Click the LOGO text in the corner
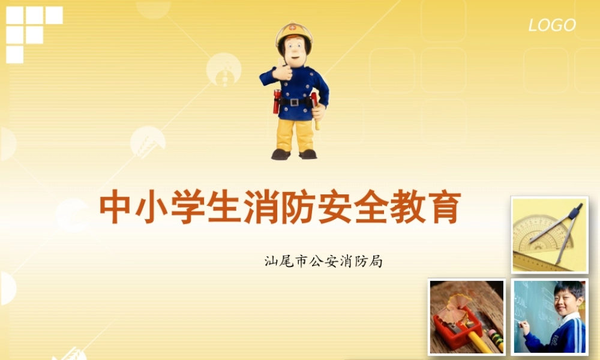(x=552, y=25)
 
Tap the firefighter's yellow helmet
(x=294, y=33)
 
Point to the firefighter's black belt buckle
(x=294, y=101)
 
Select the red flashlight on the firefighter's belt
(x=277, y=102)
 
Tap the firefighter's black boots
(x=294, y=154)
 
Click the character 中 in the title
(x=116, y=208)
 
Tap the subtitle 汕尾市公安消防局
(x=323, y=262)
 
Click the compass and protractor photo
(x=549, y=235)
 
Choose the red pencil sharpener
(x=457, y=328)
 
